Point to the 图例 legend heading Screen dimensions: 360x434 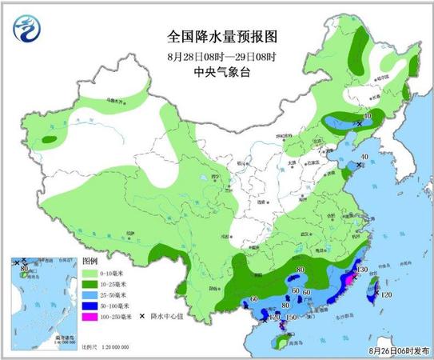click(90, 262)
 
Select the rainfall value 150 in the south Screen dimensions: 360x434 click(291, 318)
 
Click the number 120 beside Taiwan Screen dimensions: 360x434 click(386, 295)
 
